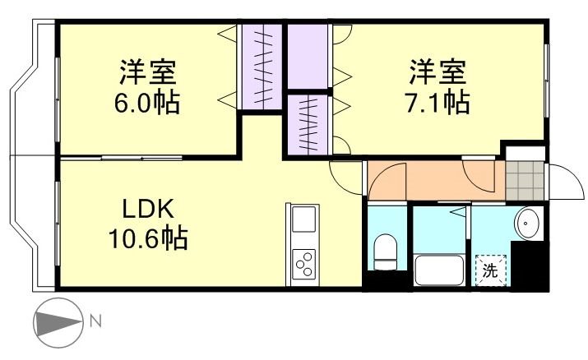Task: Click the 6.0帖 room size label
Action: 148,104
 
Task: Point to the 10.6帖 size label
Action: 148,239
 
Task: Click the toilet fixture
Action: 385,250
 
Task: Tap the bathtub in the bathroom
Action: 439,270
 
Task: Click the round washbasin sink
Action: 527,222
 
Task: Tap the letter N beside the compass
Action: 95,321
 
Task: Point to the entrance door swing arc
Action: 563,179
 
